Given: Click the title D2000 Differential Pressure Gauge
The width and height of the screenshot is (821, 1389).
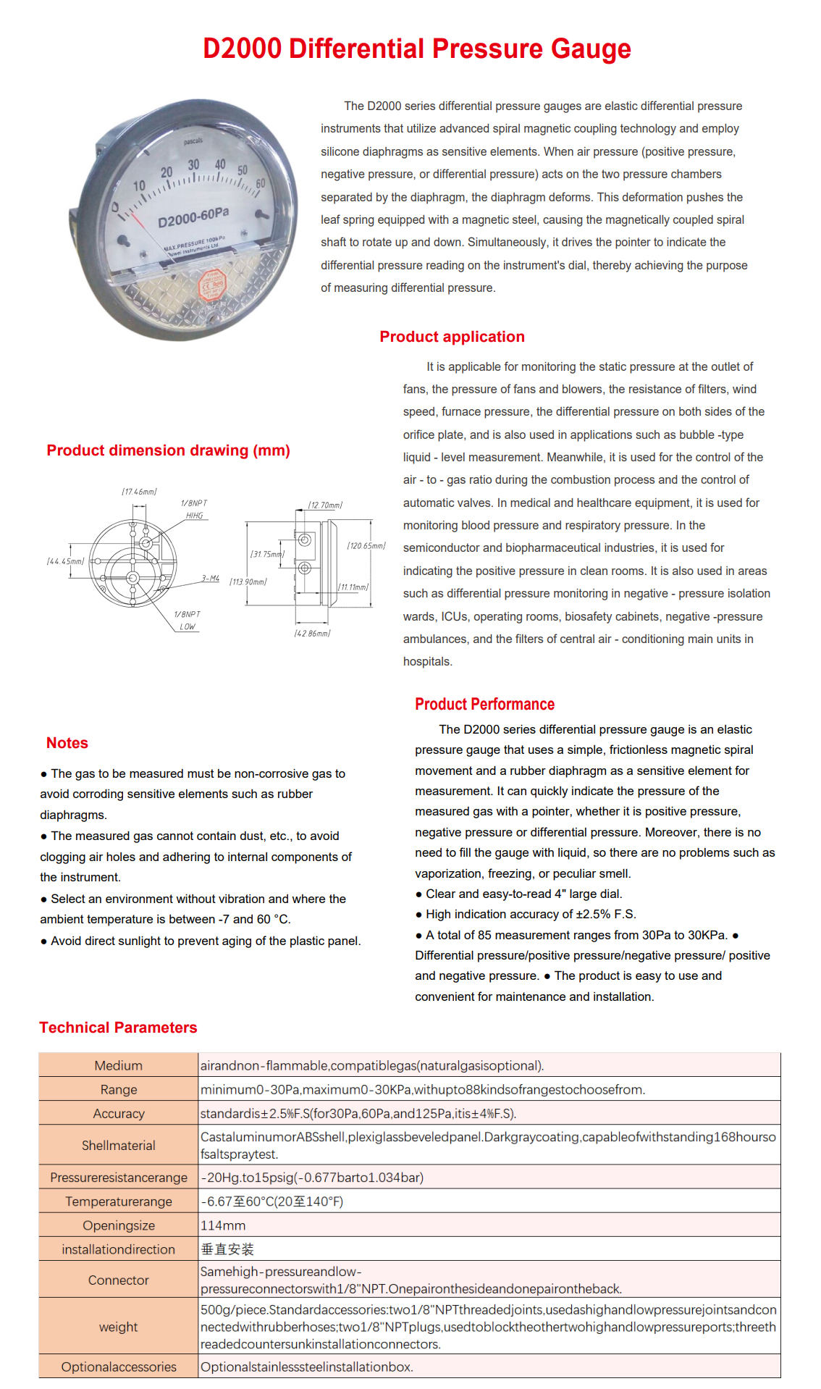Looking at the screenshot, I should point(416,49).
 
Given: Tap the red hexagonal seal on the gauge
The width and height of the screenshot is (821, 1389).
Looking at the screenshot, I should point(212,284).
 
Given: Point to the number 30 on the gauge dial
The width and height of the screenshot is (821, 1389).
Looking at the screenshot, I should point(193,165).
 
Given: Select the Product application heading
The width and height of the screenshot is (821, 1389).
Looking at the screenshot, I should point(452,337).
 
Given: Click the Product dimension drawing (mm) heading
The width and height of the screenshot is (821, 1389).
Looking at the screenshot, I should point(168,450).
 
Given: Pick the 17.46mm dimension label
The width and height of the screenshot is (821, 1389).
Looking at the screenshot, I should point(139,492).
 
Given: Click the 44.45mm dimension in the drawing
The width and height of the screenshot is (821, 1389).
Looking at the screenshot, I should point(65,561).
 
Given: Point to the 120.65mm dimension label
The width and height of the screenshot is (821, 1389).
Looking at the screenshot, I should point(366,545).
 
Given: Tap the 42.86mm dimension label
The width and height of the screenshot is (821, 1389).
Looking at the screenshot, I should point(312,633).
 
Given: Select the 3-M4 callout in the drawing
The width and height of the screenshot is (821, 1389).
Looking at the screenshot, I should point(211,578).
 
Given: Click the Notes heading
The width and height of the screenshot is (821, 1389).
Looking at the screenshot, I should point(67,743).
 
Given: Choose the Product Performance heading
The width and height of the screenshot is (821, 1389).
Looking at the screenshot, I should point(484,705).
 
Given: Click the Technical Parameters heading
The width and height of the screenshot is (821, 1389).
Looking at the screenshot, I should point(118,1028).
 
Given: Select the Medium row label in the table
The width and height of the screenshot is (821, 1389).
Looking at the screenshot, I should point(118,1065).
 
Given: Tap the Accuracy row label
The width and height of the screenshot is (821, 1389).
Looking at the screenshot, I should point(118,1113).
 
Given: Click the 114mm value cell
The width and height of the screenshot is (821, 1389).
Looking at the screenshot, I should point(223,1225).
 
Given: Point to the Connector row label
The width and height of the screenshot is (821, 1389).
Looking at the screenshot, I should point(118,1280).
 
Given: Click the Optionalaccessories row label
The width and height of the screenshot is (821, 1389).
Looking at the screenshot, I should point(118,1367).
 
